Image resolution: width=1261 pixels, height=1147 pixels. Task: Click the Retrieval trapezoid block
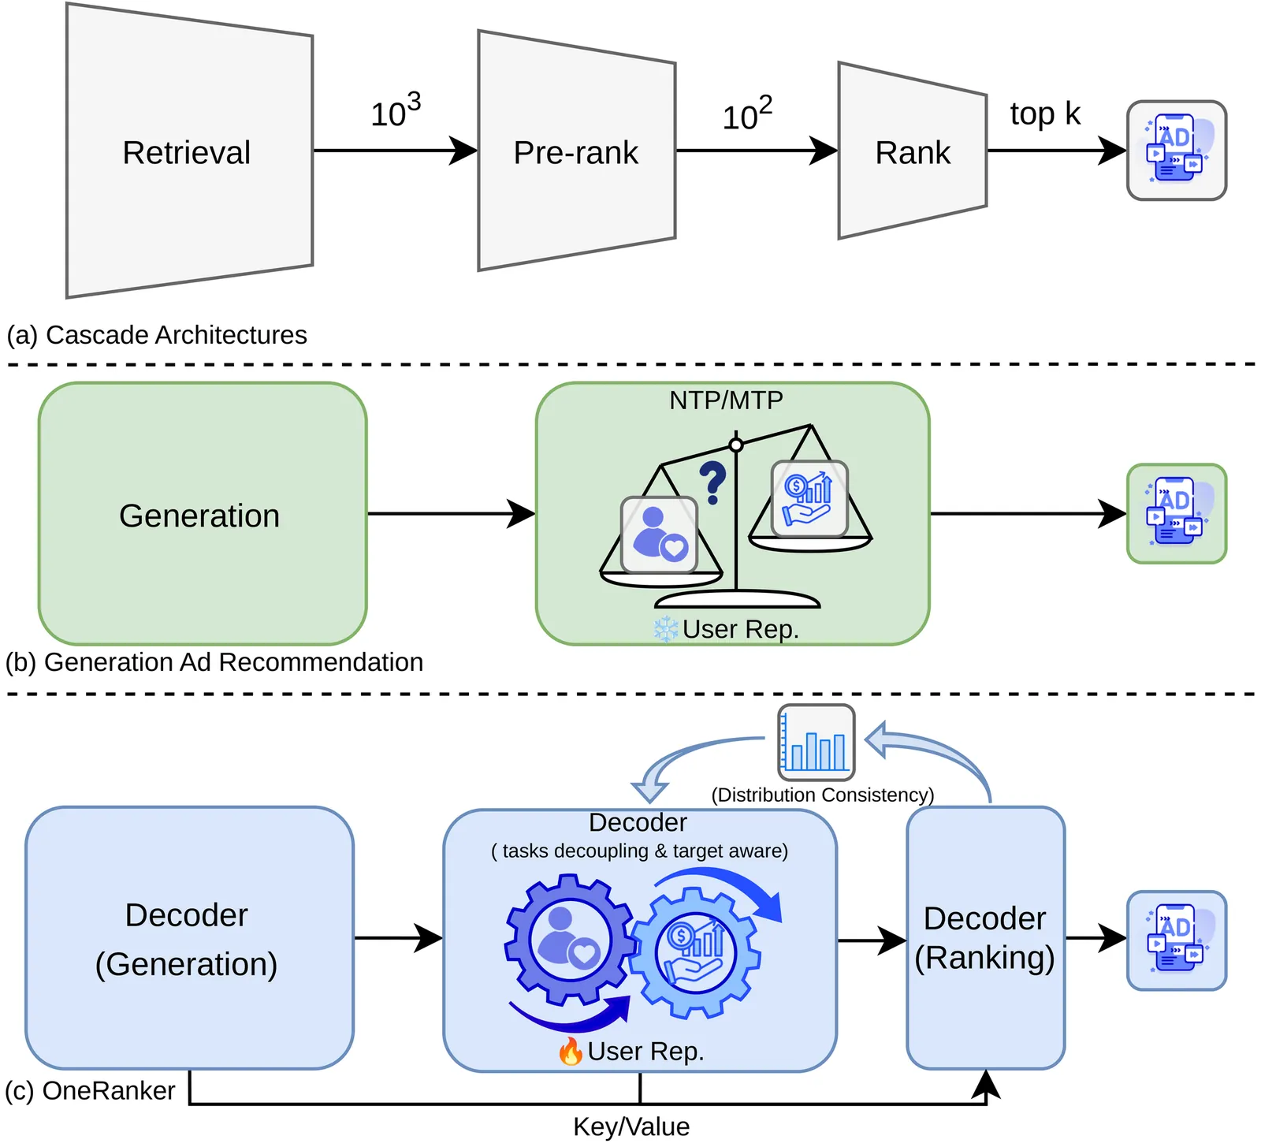pyautogui.click(x=189, y=151)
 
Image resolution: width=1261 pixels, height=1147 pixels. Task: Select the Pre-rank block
pyautogui.click(x=576, y=151)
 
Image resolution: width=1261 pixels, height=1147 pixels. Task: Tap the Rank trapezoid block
pyautogui.click(x=912, y=151)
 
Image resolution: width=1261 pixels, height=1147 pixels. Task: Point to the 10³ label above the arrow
pyautogui.click(x=396, y=110)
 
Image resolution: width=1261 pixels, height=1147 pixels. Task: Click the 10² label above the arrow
pyautogui.click(x=747, y=114)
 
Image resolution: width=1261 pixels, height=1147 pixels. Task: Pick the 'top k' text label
pyautogui.click(x=1045, y=114)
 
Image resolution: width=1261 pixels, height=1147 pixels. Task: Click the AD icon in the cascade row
pyautogui.click(x=1177, y=150)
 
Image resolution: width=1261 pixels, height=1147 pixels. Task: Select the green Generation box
pyautogui.click(x=203, y=514)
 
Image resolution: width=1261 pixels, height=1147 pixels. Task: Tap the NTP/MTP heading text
pyautogui.click(x=726, y=400)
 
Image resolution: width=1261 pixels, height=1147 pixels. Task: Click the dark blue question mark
pyautogui.click(x=712, y=482)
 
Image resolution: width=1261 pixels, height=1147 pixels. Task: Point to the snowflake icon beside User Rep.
pyautogui.click(x=666, y=629)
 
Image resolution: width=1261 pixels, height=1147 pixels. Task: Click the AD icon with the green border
pyautogui.click(x=1177, y=513)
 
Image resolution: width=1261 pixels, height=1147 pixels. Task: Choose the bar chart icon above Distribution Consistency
pyautogui.click(x=816, y=742)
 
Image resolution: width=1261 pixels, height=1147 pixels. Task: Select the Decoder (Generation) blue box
pyautogui.click(x=189, y=938)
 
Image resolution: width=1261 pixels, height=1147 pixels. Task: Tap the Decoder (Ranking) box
pyautogui.click(x=985, y=938)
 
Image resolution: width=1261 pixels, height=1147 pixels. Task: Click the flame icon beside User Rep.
pyautogui.click(x=571, y=1051)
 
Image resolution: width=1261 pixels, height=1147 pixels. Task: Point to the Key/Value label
pyautogui.click(x=631, y=1127)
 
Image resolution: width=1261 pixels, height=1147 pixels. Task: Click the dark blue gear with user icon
pyautogui.click(x=567, y=938)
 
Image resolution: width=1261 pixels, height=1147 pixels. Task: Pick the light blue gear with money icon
pyautogui.click(x=695, y=951)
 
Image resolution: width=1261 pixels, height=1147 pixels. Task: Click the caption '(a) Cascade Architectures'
pyautogui.click(x=157, y=335)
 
